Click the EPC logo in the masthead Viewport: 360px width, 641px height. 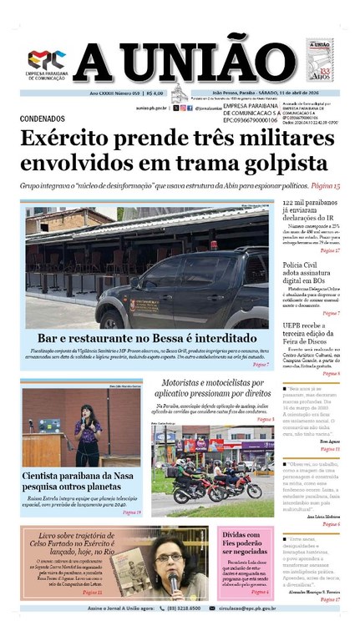[47, 60]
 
